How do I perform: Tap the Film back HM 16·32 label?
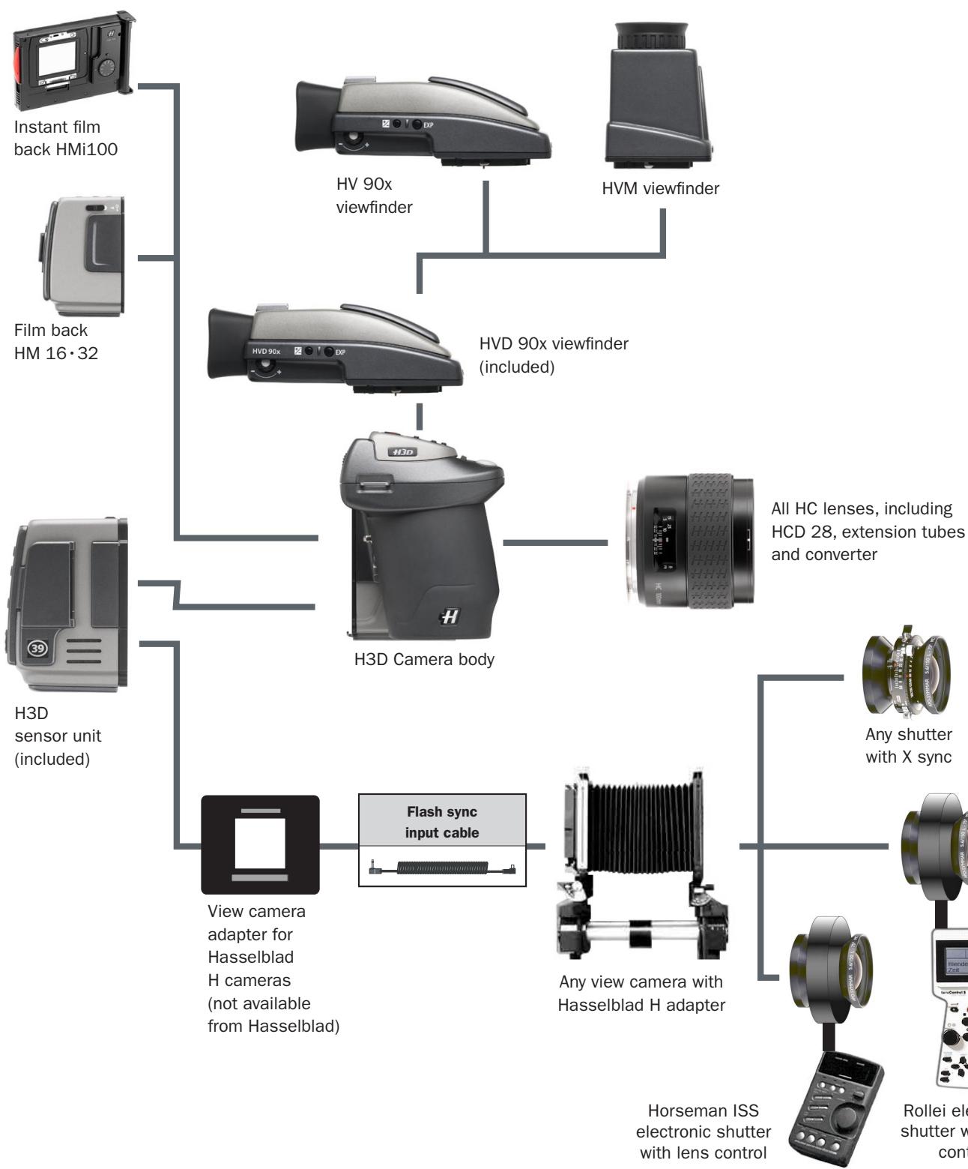[x=55, y=341]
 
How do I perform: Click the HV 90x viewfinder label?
[x=374, y=196]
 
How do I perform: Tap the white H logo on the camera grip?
[x=449, y=616]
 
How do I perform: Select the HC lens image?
[x=690, y=539]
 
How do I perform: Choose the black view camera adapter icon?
[x=260, y=844]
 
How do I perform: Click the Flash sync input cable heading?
[x=442, y=822]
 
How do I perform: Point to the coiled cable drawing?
[x=442, y=868]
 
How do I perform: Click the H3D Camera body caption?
[x=424, y=660]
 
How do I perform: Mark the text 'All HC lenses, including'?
[x=862, y=508]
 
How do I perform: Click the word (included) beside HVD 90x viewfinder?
[x=517, y=367]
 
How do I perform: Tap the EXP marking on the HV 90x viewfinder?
[x=429, y=124]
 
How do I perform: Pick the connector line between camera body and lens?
[x=554, y=541]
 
